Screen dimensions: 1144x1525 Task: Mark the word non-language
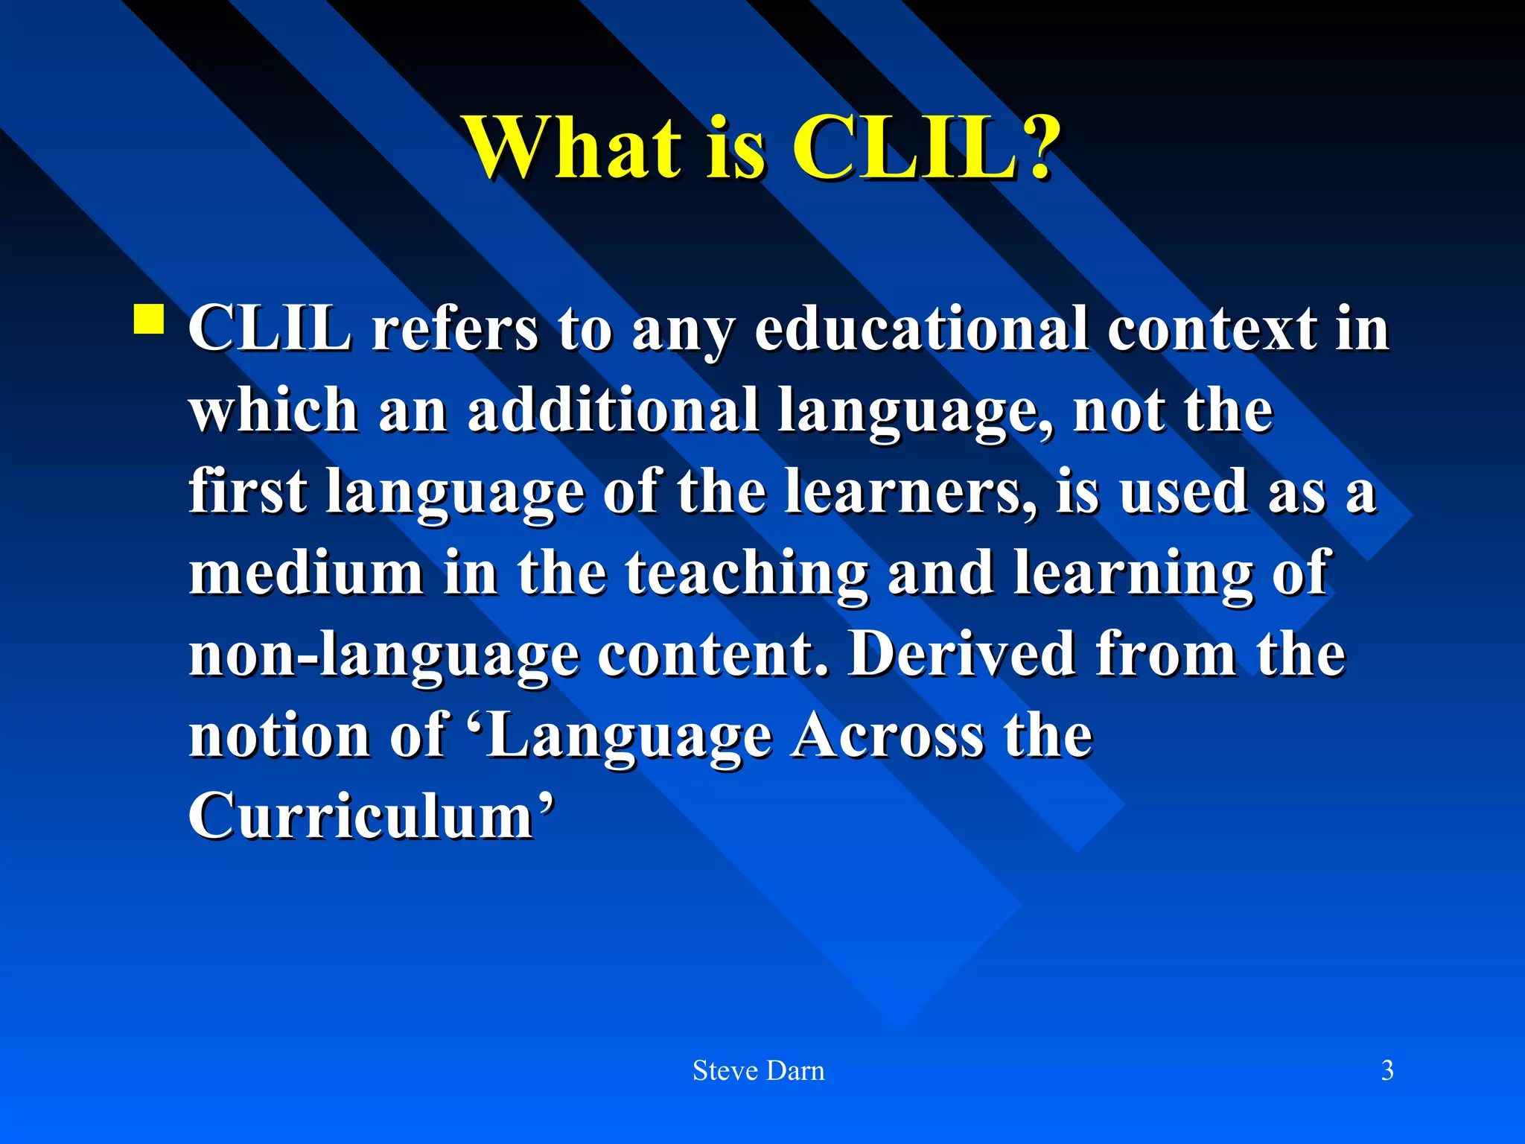coord(383,654)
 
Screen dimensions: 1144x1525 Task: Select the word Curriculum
coord(361,815)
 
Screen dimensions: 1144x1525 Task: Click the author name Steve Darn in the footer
coord(759,1070)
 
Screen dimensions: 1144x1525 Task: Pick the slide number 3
coord(1387,1070)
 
